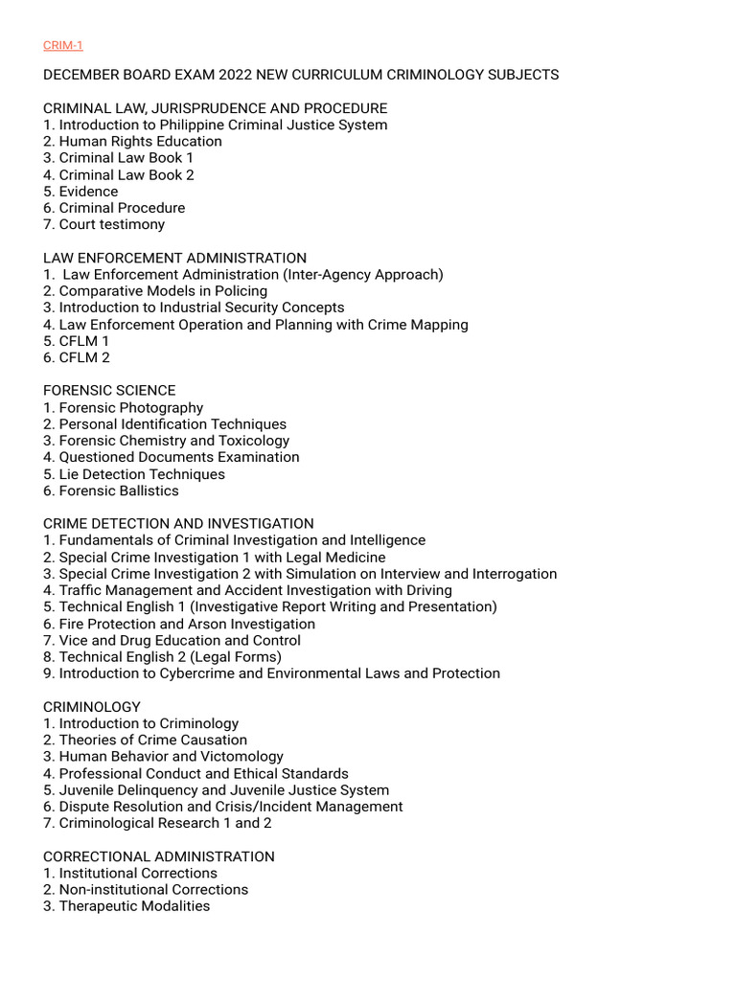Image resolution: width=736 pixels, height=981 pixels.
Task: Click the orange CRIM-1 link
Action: pos(63,45)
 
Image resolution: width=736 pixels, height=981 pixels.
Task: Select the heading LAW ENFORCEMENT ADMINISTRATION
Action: pos(175,258)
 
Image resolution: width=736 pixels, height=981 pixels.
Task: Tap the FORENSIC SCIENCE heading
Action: pos(109,390)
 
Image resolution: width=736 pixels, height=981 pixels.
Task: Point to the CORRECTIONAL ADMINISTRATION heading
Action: pos(159,856)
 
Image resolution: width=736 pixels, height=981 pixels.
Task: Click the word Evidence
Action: pos(88,191)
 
